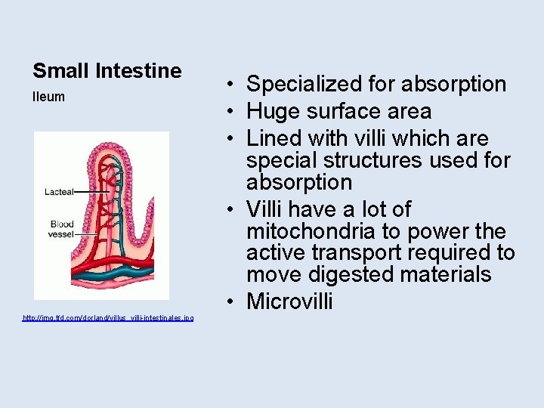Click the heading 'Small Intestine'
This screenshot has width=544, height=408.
107,71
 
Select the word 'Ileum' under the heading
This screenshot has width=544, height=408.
48,97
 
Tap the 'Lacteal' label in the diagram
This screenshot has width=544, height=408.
59,192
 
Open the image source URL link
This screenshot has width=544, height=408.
108,317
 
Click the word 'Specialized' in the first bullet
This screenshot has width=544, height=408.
305,84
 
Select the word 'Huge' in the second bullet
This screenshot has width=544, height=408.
273,112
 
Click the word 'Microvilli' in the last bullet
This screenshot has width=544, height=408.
289,301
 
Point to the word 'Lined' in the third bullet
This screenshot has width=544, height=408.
275,139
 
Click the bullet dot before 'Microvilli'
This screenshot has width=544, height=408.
232,301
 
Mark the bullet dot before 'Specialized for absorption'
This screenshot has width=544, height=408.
232,84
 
